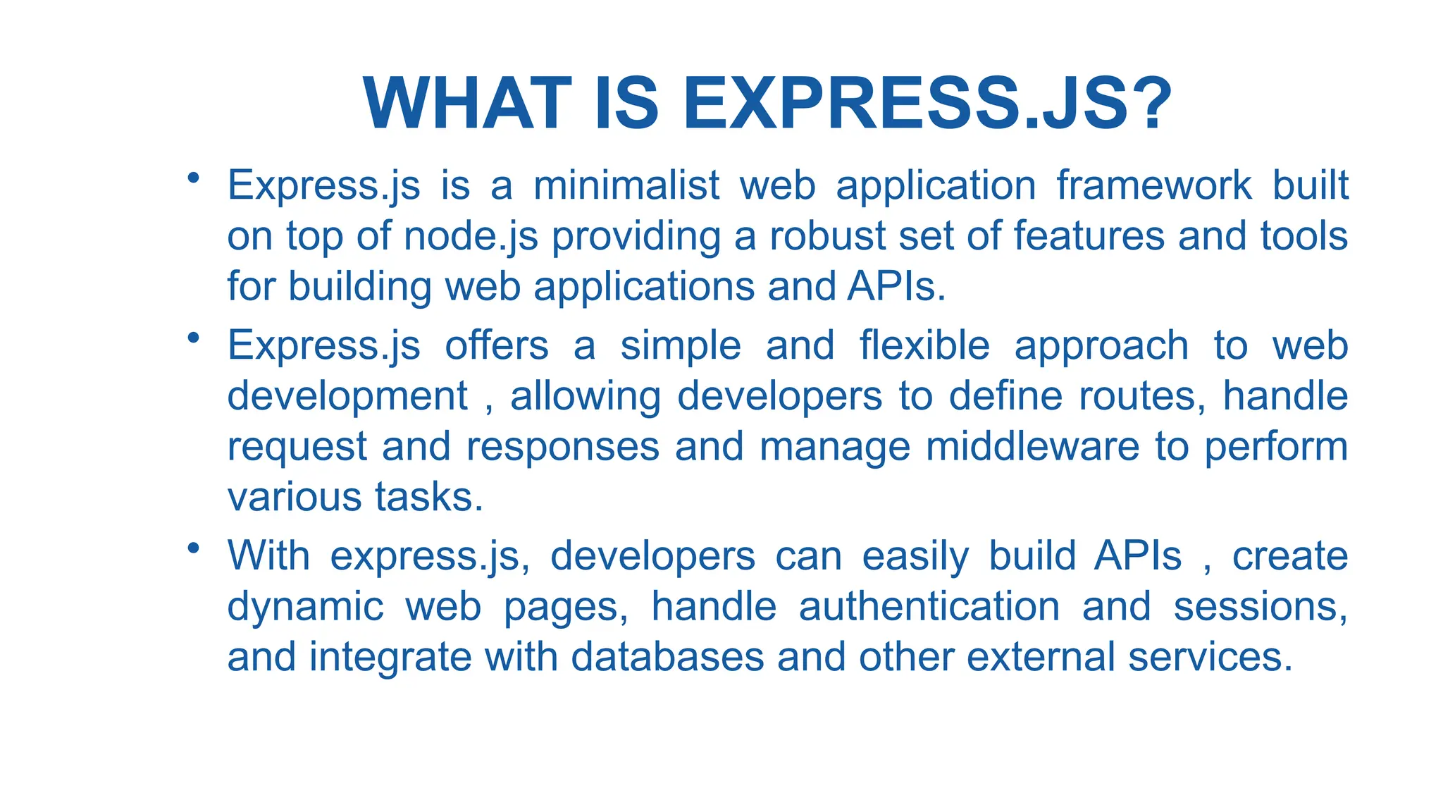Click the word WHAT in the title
click(467, 104)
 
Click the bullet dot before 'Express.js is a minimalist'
click(193, 178)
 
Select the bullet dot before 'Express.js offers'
click(193, 338)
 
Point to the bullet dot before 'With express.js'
click(193, 548)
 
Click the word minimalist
click(626, 185)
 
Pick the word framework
click(1153, 185)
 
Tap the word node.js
click(471, 236)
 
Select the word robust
click(827, 236)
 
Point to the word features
click(1089, 236)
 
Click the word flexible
click(924, 346)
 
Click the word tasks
click(428, 498)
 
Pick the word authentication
click(929, 607)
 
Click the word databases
click(667, 658)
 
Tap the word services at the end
click(1210, 658)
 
